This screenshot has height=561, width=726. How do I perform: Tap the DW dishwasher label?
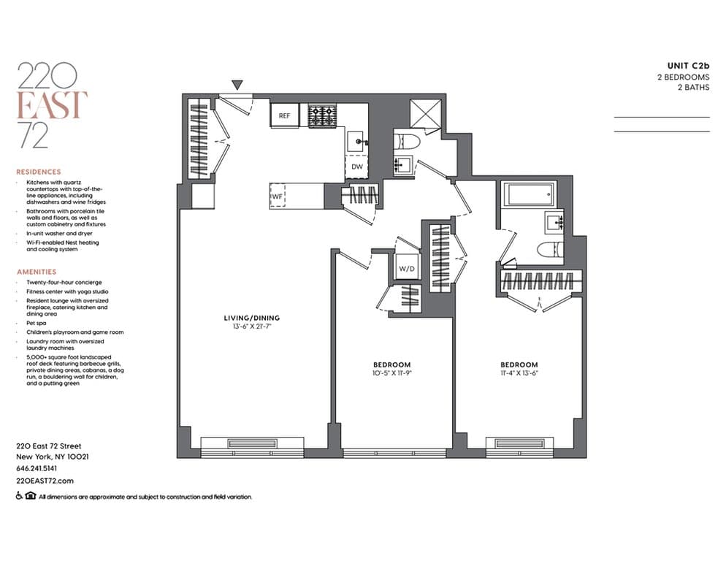coord(356,167)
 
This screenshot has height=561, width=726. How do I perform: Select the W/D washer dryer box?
coord(406,268)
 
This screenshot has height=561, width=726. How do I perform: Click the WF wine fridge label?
coord(277,196)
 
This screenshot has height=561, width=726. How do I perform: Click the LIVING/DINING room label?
coord(251,318)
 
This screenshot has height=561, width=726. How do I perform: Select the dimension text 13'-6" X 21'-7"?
coord(251,327)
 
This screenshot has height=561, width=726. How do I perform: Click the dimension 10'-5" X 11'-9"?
coord(392,373)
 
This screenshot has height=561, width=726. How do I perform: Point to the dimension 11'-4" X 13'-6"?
coord(519,373)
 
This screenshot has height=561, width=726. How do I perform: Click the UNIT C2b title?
coord(689,65)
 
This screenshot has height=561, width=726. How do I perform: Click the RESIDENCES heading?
coord(38,172)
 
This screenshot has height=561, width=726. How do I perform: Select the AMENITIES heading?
coord(36,272)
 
